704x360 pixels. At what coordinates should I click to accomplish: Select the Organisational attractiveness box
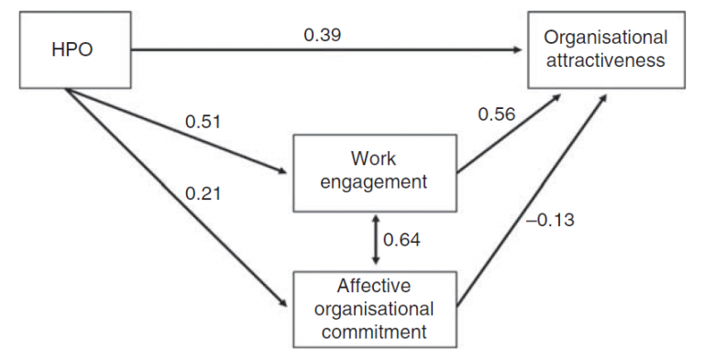pyautogui.click(x=604, y=49)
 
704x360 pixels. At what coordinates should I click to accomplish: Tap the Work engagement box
pyautogui.click(x=374, y=170)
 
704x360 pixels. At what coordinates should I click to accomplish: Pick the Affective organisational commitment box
pyautogui.click(x=374, y=309)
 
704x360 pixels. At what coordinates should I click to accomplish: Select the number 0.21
pyautogui.click(x=203, y=193)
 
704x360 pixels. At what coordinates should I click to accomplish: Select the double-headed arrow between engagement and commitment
pyautogui.click(x=373, y=240)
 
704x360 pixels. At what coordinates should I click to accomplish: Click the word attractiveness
pyautogui.click(x=604, y=60)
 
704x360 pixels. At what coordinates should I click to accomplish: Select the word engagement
pyautogui.click(x=374, y=181)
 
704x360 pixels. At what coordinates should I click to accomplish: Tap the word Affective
pyautogui.click(x=374, y=287)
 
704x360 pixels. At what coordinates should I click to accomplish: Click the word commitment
pyautogui.click(x=374, y=330)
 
